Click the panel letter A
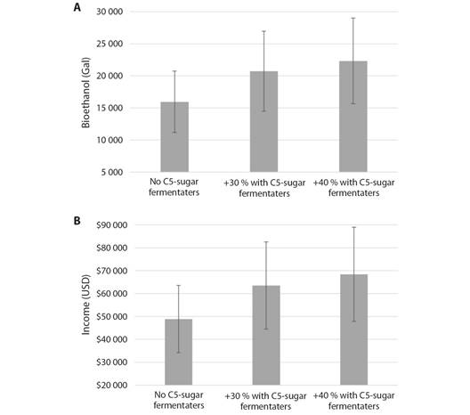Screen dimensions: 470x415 pos(77,7)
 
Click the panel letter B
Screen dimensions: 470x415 pos(77,221)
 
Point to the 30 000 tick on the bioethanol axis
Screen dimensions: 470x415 pos(109,12)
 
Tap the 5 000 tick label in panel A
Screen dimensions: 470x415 pos(112,173)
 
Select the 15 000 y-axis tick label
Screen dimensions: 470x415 pos(109,108)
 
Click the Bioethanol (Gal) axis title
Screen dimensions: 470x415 pos(85,93)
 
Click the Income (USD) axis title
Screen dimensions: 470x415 pos(85,305)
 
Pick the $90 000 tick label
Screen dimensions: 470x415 pos(112,225)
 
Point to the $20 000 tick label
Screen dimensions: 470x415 pos(112,385)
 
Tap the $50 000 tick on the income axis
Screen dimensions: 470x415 pos(112,316)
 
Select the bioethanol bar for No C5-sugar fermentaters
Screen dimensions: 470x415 pos(174,137)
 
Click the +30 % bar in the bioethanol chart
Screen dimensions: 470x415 pos(263,121)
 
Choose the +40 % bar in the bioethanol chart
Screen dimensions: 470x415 pos(353,117)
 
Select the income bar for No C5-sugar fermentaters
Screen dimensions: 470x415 pos(179,352)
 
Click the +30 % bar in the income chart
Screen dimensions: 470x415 pos(266,335)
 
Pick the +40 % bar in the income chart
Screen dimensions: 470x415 pos(353,330)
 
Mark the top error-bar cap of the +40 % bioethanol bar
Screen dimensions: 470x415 pos(353,18)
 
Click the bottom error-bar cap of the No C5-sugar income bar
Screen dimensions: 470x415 pos(179,353)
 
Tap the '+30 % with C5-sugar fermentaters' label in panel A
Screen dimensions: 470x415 pos(264,188)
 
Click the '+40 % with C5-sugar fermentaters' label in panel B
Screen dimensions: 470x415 pos(353,401)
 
